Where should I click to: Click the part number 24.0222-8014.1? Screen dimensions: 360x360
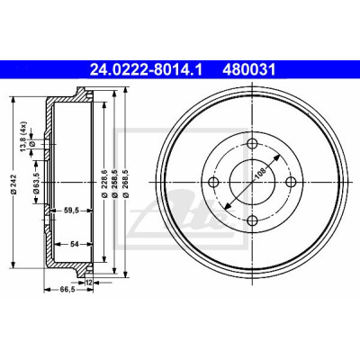(x=147, y=70)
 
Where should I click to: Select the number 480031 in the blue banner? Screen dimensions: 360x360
(x=248, y=70)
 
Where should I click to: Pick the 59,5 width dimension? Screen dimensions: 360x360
(x=71, y=211)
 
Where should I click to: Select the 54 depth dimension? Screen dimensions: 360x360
(x=74, y=244)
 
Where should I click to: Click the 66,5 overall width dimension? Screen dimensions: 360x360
(x=67, y=289)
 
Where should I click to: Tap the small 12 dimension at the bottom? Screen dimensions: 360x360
(x=88, y=283)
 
